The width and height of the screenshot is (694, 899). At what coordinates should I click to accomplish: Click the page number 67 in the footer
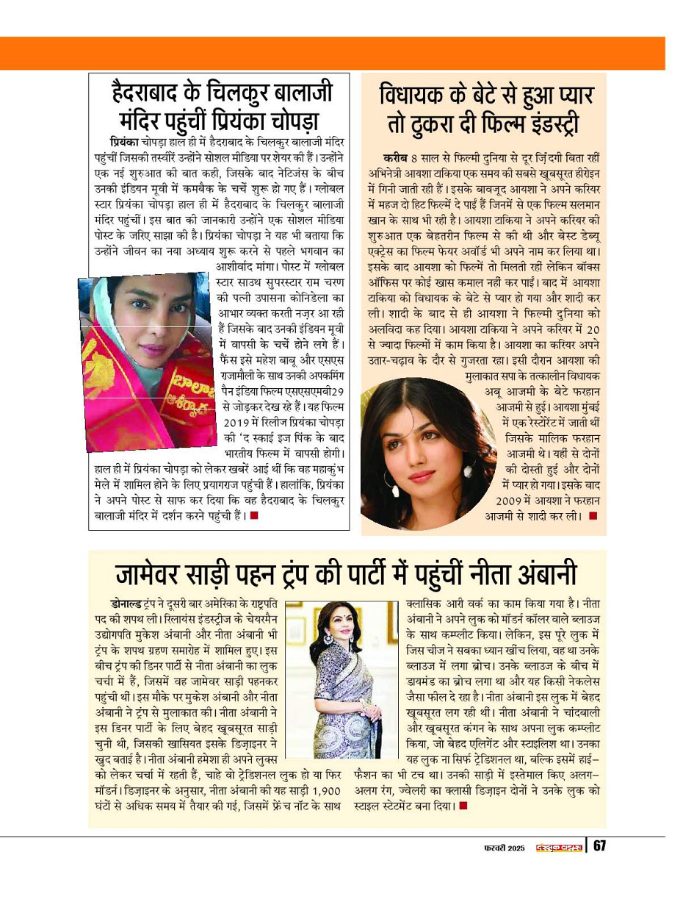(x=599, y=846)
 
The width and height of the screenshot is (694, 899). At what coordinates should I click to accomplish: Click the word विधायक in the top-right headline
(x=422, y=96)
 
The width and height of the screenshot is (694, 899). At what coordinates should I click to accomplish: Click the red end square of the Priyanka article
(x=253, y=515)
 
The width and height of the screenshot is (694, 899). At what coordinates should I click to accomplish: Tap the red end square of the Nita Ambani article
(x=462, y=806)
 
